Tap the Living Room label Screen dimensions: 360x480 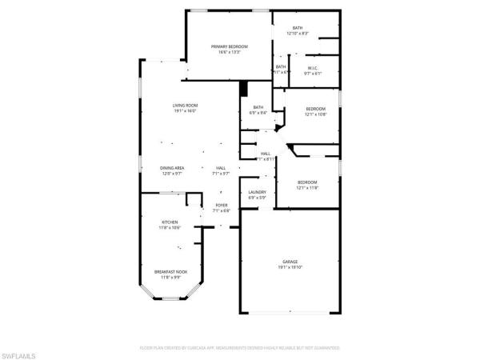185,106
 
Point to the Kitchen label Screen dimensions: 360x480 170,222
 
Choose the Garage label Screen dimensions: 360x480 290,262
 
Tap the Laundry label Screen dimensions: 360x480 257,192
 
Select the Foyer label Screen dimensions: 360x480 222,206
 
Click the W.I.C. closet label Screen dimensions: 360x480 313,68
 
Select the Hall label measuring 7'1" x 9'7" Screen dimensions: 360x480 221,167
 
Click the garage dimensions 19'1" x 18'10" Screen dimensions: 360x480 290,268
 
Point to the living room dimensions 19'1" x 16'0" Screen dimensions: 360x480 185,111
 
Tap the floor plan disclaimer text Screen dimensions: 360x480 239,349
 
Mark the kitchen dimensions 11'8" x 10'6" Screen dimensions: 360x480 170,227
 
